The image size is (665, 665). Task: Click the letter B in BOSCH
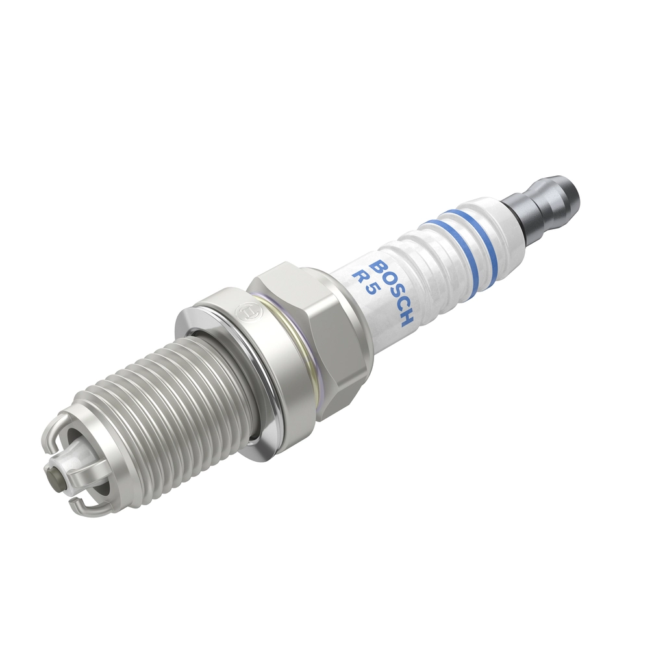click(379, 267)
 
